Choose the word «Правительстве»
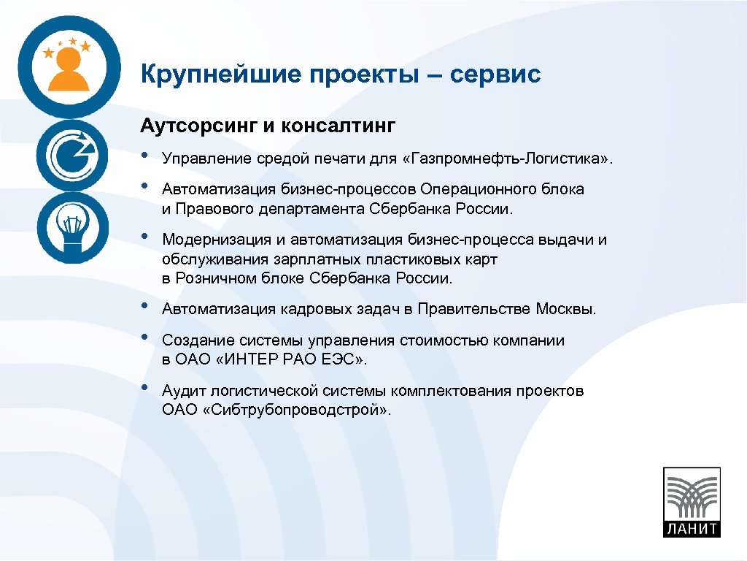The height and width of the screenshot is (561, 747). click(484, 309)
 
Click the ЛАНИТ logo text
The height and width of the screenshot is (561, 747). click(691, 528)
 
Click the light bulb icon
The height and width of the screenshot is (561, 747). click(71, 228)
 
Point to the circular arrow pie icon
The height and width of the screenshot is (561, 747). click(71, 154)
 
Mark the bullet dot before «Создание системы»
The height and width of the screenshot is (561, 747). click(146, 337)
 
